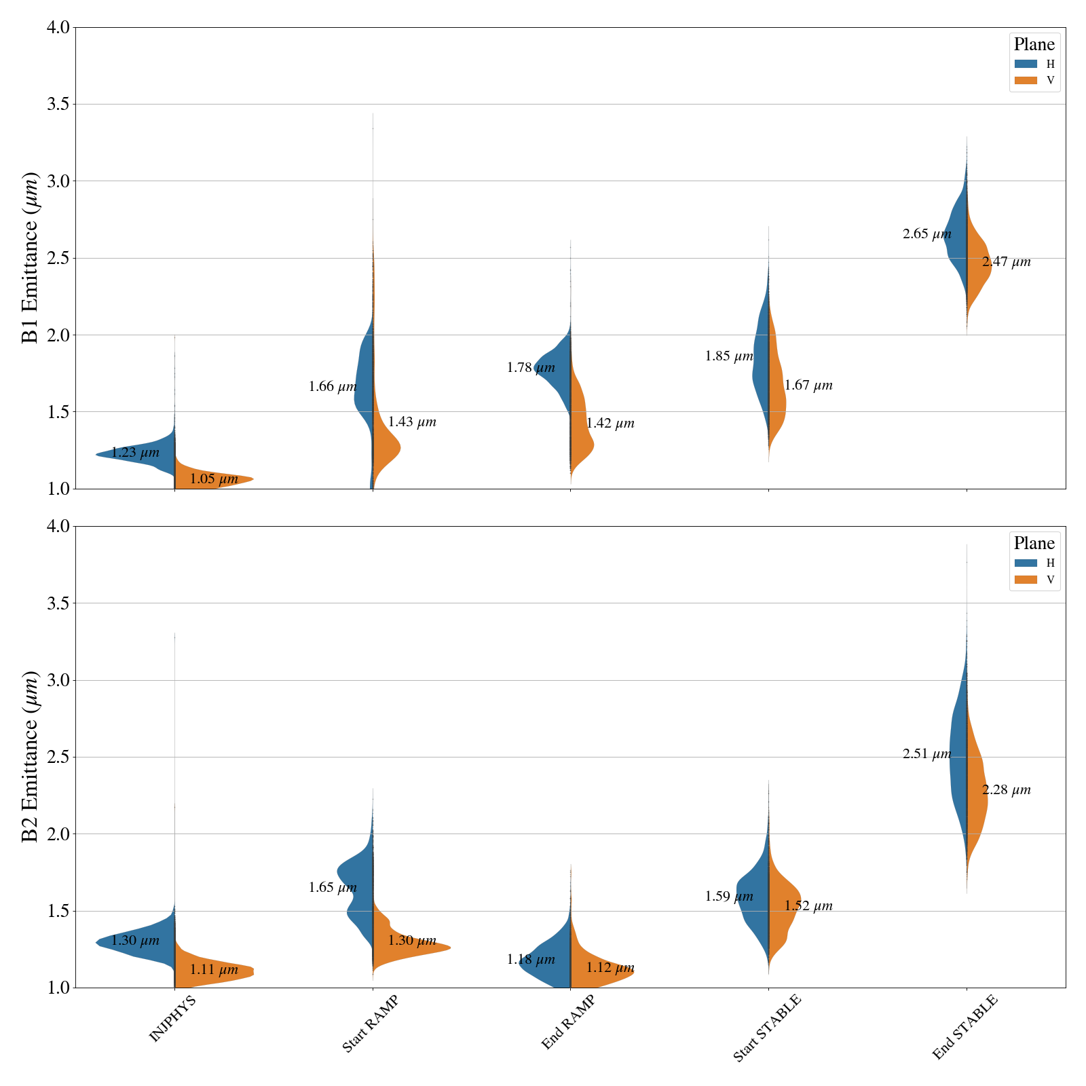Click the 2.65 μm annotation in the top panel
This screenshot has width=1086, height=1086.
point(926,235)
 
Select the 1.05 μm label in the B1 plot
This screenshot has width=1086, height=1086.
point(214,479)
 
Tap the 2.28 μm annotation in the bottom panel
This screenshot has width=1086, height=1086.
point(1006,790)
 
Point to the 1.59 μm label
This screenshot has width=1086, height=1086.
point(729,897)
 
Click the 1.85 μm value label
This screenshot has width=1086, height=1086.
point(729,356)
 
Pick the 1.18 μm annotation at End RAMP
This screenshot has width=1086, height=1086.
point(531,960)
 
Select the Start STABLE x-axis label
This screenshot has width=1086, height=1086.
point(767,1028)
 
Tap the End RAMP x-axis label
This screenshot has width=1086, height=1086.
point(568,1023)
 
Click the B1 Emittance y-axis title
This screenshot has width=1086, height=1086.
point(31,258)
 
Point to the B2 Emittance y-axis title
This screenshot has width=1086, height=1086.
point(31,757)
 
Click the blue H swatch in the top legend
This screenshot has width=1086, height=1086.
point(1026,64)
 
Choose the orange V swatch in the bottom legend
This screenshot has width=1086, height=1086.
point(1026,580)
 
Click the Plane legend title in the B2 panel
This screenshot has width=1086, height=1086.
point(1034,544)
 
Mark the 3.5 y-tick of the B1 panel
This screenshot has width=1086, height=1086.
point(59,105)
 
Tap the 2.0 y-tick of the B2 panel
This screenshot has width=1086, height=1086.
point(59,834)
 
